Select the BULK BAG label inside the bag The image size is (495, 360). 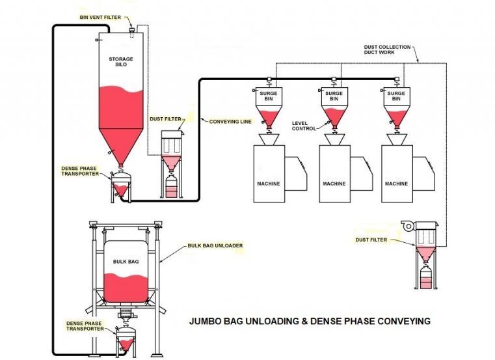125,260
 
